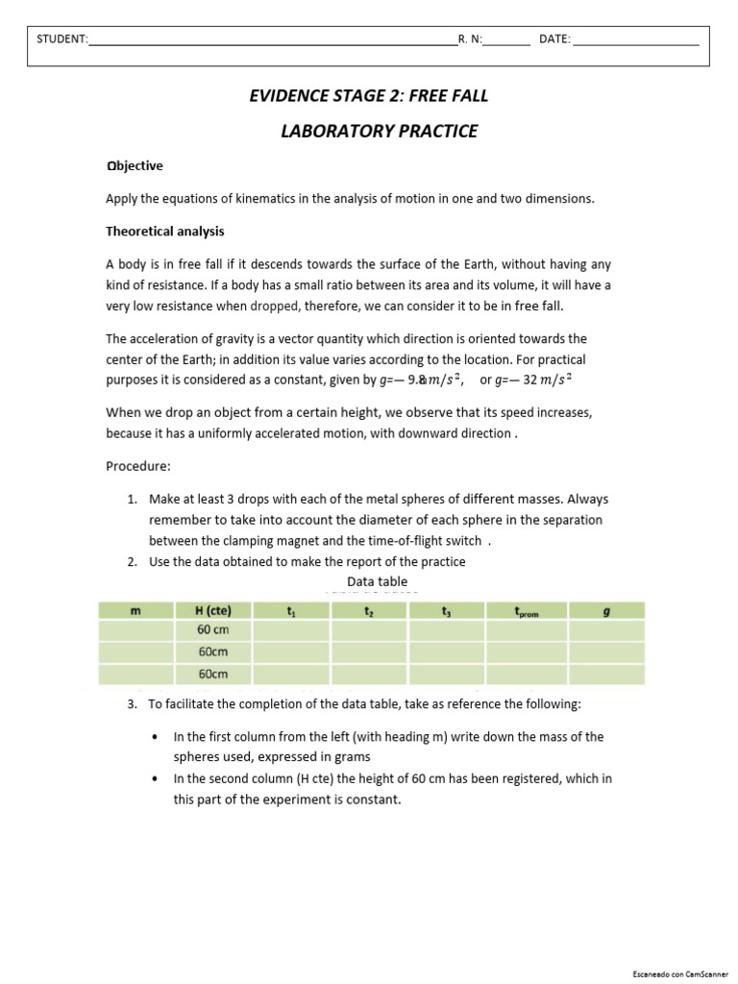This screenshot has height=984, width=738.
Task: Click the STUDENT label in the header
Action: tap(61, 39)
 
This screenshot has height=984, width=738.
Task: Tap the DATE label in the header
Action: tap(554, 39)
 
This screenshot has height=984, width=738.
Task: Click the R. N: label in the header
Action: tap(471, 39)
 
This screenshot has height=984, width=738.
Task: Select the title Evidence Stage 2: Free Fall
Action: tap(369, 95)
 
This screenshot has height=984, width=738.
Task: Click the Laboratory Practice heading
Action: tap(379, 132)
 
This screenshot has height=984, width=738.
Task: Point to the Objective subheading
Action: tap(135, 166)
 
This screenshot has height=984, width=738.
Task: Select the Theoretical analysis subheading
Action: tap(164, 232)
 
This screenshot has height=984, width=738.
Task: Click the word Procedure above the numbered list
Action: tap(137, 466)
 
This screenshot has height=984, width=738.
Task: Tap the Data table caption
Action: tap(377, 582)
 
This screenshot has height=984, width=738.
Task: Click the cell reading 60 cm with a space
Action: tap(212, 630)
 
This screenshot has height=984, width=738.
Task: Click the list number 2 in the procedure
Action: tap(132, 562)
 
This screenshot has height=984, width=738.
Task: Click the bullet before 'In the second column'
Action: tap(156, 779)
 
